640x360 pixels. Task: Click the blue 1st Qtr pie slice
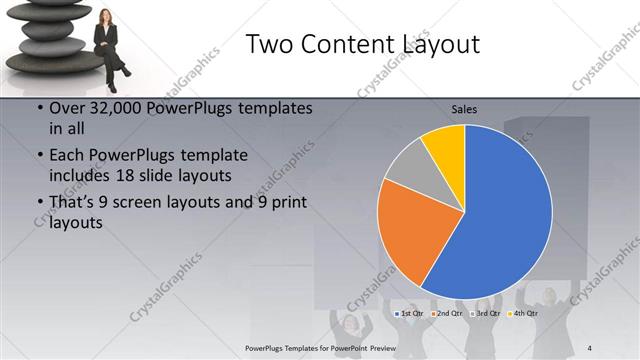coord(500,220)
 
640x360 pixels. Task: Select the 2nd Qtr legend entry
coord(447,314)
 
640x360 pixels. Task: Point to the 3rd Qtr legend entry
coord(486,314)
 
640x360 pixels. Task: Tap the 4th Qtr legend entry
coord(523,314)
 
